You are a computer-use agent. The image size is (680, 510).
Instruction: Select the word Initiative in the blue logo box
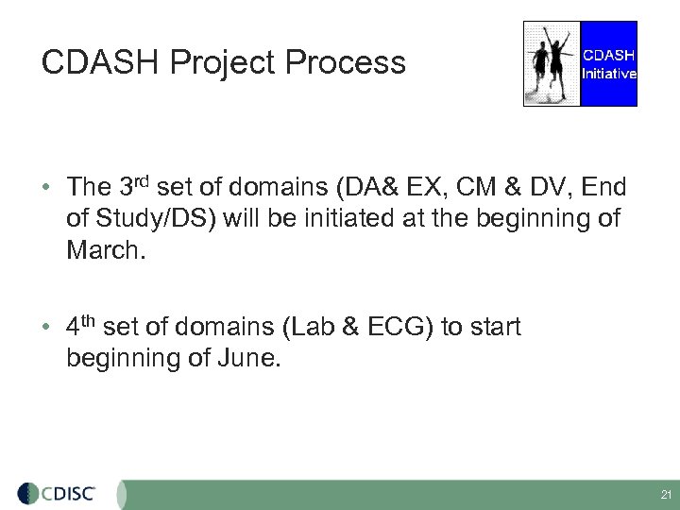pos(608,74)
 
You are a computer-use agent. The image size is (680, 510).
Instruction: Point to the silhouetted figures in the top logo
pos(552,63)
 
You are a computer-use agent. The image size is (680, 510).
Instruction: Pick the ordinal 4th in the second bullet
pos(81,326)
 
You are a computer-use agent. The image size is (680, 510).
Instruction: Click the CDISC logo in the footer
pos(69,493)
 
